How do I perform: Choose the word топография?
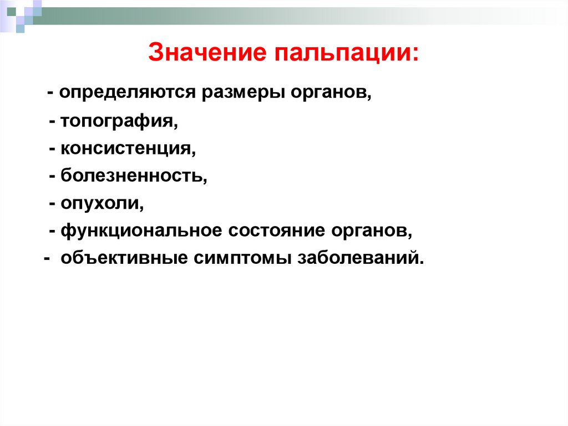point(119,121)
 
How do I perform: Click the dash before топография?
point(52,121)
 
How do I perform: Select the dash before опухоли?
point(52,204)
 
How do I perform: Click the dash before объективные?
point(47,259)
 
